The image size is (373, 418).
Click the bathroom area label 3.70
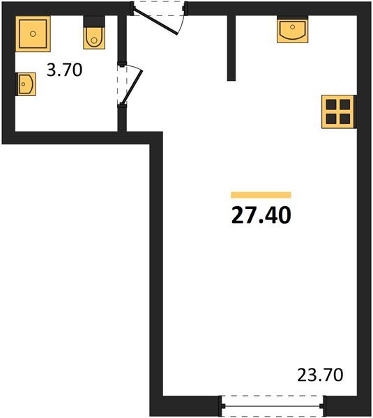pyautogui.click(x=64, y=70)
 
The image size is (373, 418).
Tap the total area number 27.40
pyautogui.click(x=261, y=215)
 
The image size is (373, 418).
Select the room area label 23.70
pyautogui.click(x=320, y=375)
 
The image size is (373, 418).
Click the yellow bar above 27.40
pyautogui.click(x=261, y=195)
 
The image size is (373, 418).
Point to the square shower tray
pyautogui.click(x=33, y=34)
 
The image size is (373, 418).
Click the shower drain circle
pyautogui.click(x=33, y=34)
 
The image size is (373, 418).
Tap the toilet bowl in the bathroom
pyautogui.click(x=94, y=38)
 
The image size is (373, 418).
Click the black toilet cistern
pyautogui.click(x=94, y=22)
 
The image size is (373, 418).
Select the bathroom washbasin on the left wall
pyautogui.click(x=26, y=84)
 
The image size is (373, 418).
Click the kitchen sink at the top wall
pyautogui.click(x=292, y=29)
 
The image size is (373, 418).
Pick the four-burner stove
pyautogui.click(x=339, y=111)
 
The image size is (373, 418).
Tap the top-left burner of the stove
pyautogui.click(x=331, y=104)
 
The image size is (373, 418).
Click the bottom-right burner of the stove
pyautogui.click(x=345, y=119)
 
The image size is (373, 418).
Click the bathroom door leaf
pyautogui.click(x=132, y=87)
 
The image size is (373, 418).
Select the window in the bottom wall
pyautogui.click(x=273, y=406)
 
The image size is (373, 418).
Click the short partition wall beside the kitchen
pyautogui.click(x=231, y=48)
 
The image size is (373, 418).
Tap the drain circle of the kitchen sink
pyautogui.click(x=292, y=27)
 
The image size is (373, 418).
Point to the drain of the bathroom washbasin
pyautogui.click(x=23, y=84)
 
